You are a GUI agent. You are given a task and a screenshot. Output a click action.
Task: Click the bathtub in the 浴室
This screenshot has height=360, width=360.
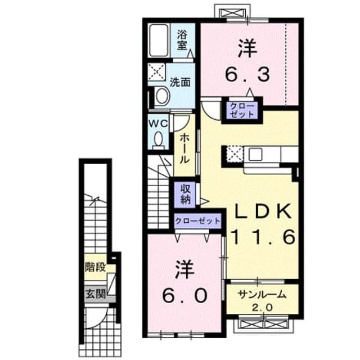pos(159,40)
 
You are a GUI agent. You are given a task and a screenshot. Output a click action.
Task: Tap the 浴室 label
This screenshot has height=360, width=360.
pos(182,40)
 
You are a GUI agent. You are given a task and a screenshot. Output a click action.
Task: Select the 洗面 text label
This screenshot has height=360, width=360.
pos(180,82)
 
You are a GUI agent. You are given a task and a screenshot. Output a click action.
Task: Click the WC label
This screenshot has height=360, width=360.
pos(158,124)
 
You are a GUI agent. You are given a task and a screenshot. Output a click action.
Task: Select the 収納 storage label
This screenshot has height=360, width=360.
pos(186,194)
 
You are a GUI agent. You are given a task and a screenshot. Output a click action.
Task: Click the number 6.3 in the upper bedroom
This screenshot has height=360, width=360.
pos(247,74)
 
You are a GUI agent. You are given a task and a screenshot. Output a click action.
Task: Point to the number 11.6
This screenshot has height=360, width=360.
pos(263,236)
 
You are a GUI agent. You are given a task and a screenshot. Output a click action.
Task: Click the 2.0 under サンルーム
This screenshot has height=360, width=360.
pos(263,307)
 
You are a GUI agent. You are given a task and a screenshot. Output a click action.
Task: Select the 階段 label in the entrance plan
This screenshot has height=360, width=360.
pos(95,267)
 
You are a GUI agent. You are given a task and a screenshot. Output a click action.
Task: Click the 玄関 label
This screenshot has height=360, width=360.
pos(96,294)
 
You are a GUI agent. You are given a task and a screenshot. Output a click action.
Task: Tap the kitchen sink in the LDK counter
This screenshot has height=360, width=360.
pos(255,154)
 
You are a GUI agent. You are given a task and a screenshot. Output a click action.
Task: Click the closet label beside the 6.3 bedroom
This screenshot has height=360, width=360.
pos(242,110)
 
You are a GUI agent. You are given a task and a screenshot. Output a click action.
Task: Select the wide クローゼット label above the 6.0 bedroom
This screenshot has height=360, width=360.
pos(197,221)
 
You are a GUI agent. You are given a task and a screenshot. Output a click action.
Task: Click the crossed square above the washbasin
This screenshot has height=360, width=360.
pos(156,71)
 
